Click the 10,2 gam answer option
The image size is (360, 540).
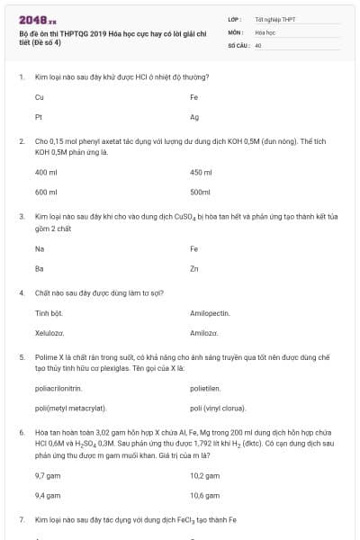pos(205,474)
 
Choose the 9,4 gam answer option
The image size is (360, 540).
pos(47,495)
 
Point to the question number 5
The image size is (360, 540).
pos(21,356)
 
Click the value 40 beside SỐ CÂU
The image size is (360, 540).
pos(258,44)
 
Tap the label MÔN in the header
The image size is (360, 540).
pos(236,31)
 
